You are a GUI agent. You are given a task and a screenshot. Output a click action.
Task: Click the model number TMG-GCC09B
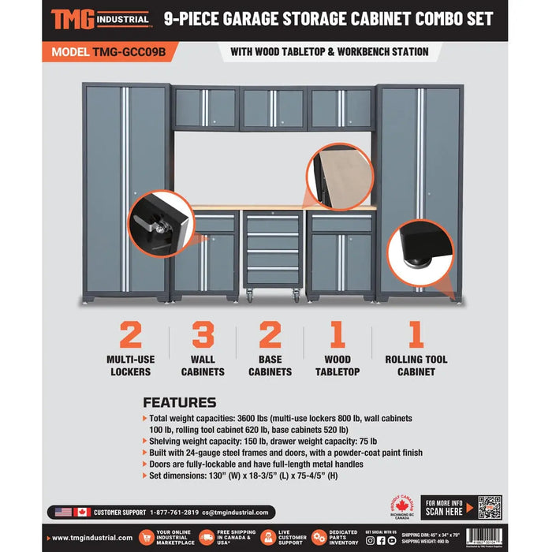pos(109,51)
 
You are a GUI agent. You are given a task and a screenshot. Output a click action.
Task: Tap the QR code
pos(489,506)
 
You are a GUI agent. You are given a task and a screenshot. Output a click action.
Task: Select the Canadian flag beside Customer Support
pos(82,513)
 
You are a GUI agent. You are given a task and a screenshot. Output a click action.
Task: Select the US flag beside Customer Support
pos(64,513)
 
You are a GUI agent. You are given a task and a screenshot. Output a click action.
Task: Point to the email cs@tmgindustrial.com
pos(235,513)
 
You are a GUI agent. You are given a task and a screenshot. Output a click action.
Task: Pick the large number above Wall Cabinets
pos(203,335)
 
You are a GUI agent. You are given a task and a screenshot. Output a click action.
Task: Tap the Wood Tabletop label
pos(338,366)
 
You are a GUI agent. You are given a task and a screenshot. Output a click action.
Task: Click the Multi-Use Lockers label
pos(131,366)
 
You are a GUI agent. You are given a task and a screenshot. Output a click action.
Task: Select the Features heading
pos(179,402)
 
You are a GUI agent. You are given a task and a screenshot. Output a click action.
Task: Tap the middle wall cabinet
pos(273,108)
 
